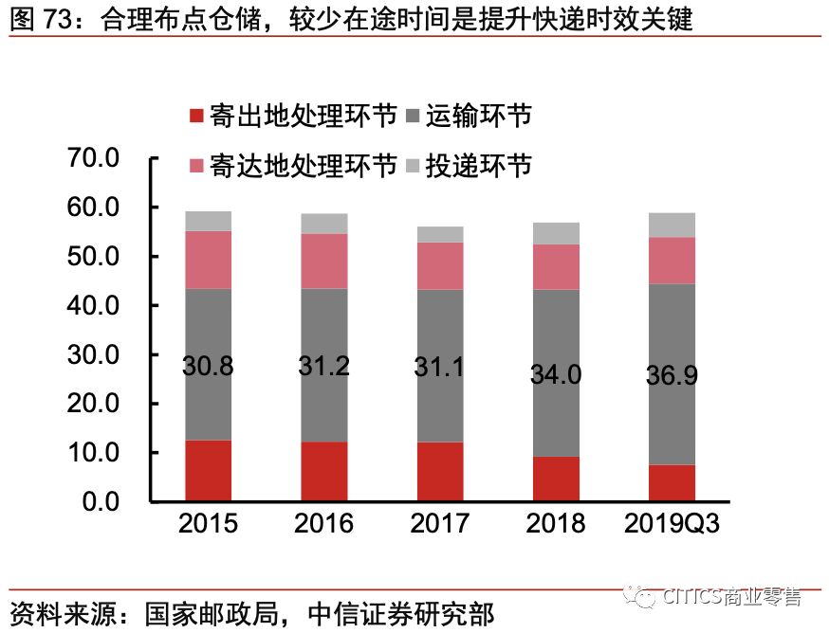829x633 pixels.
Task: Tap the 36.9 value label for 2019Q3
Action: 672,375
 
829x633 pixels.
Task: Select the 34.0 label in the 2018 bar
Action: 556,373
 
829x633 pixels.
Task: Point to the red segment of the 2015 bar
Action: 209,470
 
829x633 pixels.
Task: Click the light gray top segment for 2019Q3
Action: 672,225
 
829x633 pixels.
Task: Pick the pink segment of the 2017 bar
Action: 440,265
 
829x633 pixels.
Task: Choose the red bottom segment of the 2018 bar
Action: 556,479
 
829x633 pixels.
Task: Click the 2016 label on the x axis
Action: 324,523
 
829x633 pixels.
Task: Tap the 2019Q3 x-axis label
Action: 672,523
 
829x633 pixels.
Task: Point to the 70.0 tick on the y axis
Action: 92,158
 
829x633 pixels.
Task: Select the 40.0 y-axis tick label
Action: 92,305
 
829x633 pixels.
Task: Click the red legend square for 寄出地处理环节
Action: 197,117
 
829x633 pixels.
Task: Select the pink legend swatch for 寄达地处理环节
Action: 197,166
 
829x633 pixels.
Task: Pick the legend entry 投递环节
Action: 478,165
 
